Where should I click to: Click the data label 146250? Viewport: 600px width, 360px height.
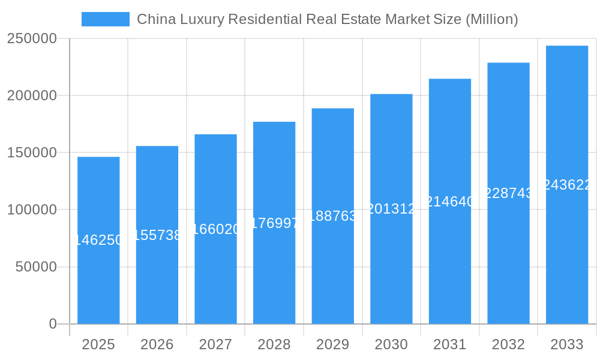[98, 240]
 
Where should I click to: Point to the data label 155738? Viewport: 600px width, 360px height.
[157, 235]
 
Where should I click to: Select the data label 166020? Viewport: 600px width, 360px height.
[215, 229]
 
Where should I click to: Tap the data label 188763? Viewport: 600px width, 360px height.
[332, 216]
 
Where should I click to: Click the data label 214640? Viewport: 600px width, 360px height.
[450, 202]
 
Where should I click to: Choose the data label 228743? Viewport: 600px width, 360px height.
[508, 193]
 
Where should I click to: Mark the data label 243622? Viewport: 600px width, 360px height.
[567, 185]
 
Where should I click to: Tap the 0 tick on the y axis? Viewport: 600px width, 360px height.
[53, 324]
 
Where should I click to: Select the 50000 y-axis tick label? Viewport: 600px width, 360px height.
[36, 267]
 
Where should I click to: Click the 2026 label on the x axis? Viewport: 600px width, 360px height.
[157, 344]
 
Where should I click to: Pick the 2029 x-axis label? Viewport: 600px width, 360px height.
[332, 344]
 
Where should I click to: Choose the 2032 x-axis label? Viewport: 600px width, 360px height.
[508, 344]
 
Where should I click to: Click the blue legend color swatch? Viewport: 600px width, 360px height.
[106, 19]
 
